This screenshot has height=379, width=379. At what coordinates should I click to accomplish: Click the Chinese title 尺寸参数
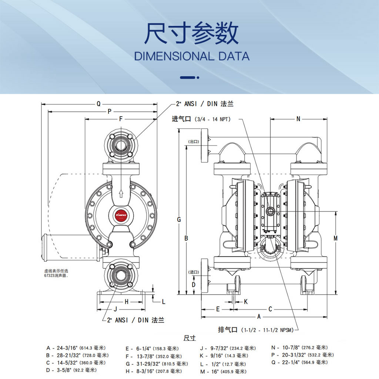(191, 34)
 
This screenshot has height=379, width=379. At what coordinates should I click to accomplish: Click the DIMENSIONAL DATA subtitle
(191, 57)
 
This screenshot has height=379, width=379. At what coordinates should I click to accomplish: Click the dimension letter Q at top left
(98, 104)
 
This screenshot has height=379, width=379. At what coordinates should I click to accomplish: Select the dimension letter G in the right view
(179, 219)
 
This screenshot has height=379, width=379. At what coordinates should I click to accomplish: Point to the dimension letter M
(335, 238)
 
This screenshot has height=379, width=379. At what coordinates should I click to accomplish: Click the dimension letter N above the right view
(298, 119)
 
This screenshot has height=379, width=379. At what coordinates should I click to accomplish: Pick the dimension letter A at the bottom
(259, 316)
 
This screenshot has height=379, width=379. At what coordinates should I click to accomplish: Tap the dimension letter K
(246, 302)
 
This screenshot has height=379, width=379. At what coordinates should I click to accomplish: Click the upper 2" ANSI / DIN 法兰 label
(205, 104)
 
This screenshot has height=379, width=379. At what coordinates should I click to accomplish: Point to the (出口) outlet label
(194, 141)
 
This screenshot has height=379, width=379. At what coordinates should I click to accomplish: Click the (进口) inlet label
(194, 272)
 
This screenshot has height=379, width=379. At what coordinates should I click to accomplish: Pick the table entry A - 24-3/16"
(76, 348)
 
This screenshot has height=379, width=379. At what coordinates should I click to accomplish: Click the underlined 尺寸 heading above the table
(189, 338)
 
